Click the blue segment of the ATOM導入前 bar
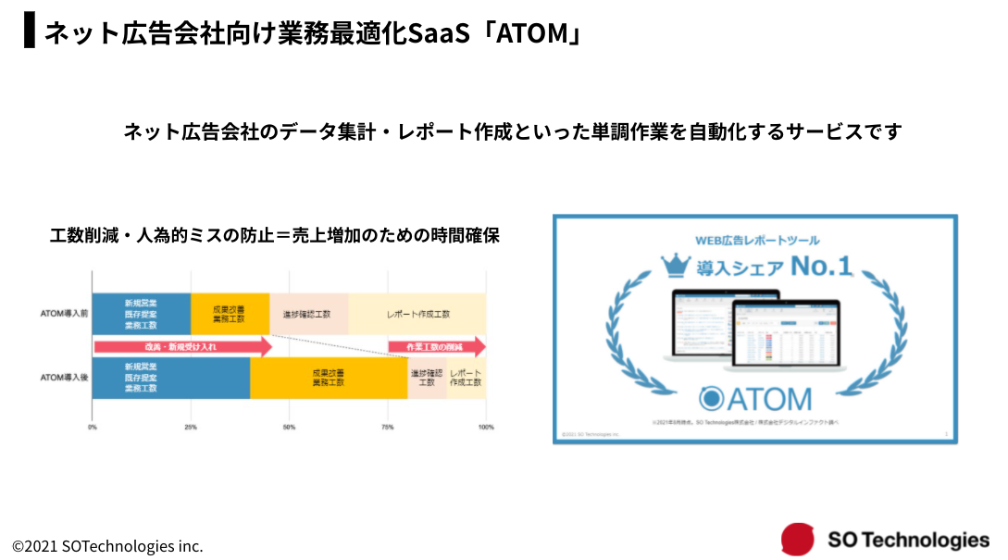point(141,314)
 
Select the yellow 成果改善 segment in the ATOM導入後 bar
point(329,377)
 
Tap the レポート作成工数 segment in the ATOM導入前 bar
point(417,314)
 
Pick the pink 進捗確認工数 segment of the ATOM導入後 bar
point(427,377)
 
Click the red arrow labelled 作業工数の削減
point(436,346)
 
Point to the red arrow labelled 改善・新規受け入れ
point(181,346)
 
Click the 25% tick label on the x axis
point(191,427)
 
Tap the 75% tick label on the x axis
point(388,427)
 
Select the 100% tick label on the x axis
point(485,427)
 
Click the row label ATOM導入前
point(64,315)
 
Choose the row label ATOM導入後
point(64,378)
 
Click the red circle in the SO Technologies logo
point(797,540)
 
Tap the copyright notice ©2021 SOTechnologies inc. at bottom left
point(107,546)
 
